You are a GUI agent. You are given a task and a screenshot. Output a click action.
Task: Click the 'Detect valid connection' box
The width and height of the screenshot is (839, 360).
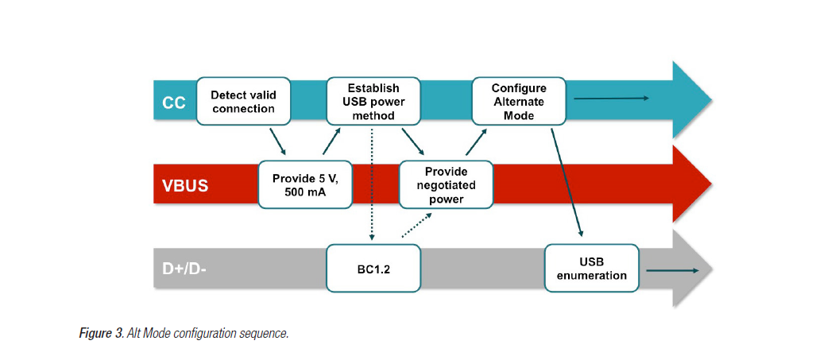click(243, 101)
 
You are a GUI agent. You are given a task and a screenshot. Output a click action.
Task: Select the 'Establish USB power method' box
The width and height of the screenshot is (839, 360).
click(373, 101)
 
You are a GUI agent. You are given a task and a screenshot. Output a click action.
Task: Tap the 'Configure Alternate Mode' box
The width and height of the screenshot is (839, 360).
click(519, 101)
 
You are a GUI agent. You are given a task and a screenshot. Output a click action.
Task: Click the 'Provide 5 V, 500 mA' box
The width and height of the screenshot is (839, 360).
click(306, 184)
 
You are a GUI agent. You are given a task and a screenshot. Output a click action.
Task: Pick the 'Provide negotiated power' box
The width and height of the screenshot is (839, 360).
click(446, 184)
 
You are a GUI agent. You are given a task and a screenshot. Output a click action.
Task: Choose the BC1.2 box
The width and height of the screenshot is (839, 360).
click(373, 268)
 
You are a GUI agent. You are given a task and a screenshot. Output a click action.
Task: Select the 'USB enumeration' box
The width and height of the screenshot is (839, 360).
click(592, 268)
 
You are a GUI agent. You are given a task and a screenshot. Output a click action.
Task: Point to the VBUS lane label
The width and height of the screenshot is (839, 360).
click(185, 186)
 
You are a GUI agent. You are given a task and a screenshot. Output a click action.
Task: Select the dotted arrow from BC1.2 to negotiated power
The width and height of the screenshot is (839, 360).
click(417, 224)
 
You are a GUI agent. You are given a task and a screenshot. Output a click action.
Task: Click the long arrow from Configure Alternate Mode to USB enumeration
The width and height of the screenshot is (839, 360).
click(566, 181)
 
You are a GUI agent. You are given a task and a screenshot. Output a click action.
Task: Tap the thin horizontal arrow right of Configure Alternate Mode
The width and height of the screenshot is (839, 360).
click(612, 98)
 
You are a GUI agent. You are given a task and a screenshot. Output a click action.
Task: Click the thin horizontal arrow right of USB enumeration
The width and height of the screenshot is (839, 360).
click(673, 270)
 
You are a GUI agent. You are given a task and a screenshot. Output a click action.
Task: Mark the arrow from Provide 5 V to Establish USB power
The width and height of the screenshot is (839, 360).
click(332, 140)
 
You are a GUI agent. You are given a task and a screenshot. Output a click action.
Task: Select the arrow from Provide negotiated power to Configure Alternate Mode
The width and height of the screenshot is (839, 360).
click(475, 141)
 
